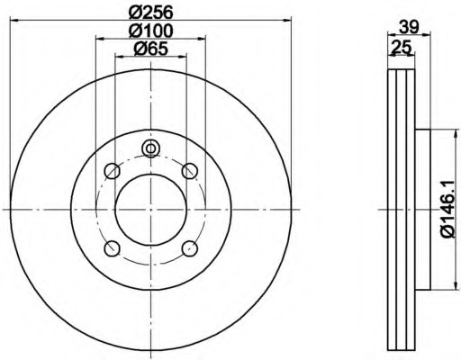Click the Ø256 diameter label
click(151, 13)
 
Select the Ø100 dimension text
click(151, 31)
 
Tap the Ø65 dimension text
click(151, 49)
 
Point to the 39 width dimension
click(409, 28)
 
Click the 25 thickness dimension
click(401, 48)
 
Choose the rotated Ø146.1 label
click(450, 210)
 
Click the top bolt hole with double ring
click(151, 148)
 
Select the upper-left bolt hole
click(113, 171)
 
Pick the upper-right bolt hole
click(190, 171)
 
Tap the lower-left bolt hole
click(113, 248)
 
